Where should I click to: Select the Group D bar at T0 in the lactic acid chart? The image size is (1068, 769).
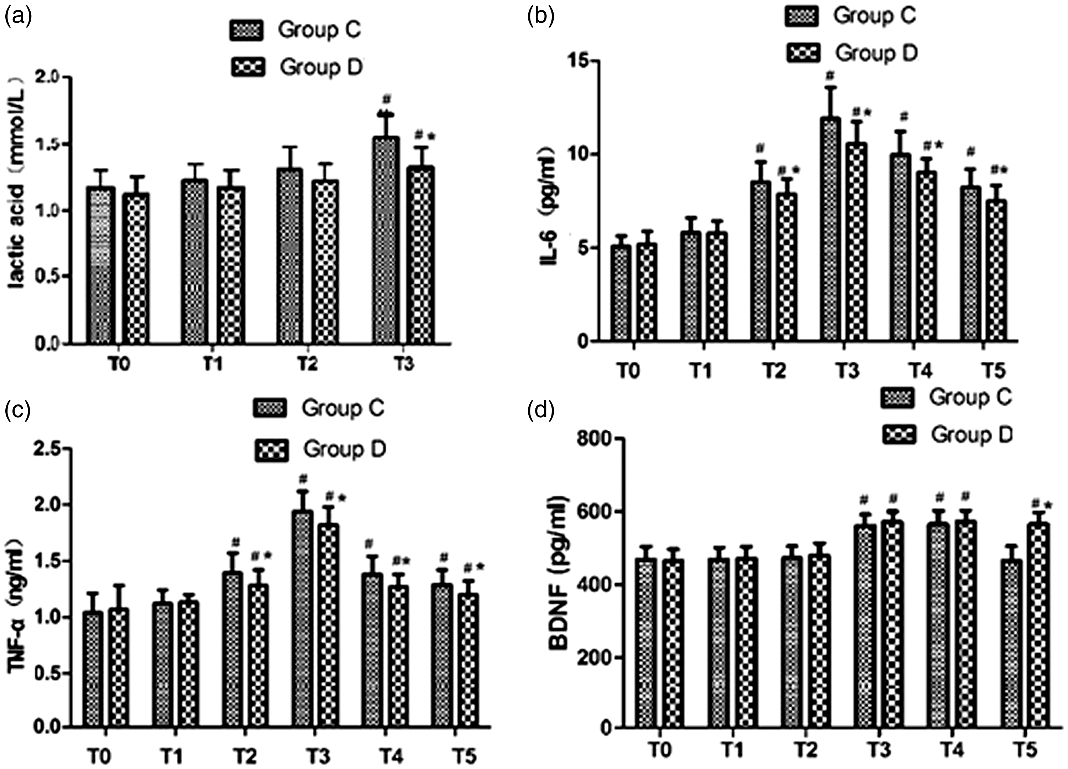[x=136, y=268]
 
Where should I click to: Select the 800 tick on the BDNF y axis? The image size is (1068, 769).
[x=594, y=439]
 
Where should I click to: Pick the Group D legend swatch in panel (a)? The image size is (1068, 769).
[x=248, y=67]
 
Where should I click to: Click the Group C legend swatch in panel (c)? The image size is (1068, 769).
[x=269, y=408]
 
